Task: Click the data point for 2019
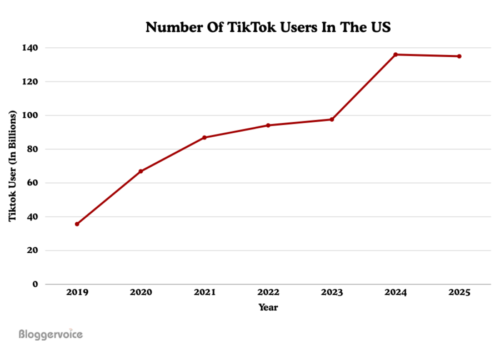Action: click(x=77, y=224)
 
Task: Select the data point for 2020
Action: click(x=141, y=171)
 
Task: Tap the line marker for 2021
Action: click(x=204, y=137)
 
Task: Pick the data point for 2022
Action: click(x=268, y=125)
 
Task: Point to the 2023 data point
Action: click(x=332, y=119)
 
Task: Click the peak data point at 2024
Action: click(x=396, y=54)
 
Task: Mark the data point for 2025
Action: click(x=459, y=56)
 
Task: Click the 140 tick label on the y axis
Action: click(x=31, y=48)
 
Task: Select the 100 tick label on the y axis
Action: click(x=31, y=116)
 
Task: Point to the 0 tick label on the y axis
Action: click(x=35, y=284)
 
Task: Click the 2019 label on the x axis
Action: click(x=77, y=293)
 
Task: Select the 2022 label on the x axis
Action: click(x=268, y=293)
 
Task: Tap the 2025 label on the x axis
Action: click(x=459, y=293)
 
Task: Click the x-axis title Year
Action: click(x=268, y=307)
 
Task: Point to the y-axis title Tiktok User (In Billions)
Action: click(x=12, y=166)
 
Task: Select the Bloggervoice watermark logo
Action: click(x=51, y=334)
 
